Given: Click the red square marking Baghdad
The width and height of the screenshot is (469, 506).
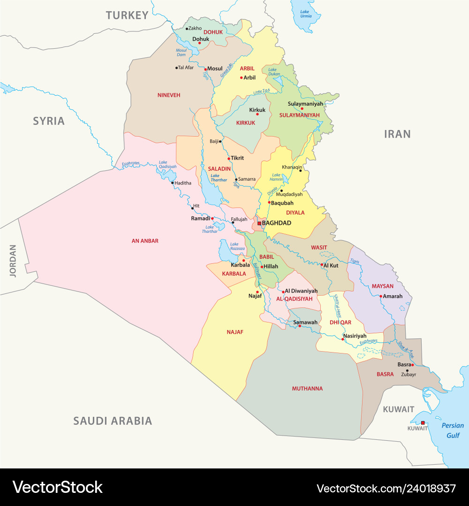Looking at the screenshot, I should tap(259, 223).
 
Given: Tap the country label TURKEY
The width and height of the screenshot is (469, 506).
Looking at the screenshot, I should tap(127, 15).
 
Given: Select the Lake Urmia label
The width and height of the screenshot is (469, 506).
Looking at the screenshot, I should tap(305, 13).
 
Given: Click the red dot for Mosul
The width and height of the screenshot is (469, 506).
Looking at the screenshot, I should tap(205, 69).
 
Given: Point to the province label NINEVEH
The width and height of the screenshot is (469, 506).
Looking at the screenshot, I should tap(168, 95).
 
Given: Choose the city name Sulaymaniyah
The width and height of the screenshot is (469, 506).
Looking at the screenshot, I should tap(305, 103).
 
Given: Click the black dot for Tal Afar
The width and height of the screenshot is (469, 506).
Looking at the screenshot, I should tap(177, 68).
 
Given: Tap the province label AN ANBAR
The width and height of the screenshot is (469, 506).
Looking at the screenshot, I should tap(145, 241).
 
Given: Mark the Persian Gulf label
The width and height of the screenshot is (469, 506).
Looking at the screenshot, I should tap(453, 430).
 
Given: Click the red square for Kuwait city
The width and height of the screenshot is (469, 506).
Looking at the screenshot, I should tap(423, 422).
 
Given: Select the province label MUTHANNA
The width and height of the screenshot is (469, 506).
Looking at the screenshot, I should tap(307, 389).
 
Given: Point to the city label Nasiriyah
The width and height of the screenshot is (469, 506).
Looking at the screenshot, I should tap(355, 336).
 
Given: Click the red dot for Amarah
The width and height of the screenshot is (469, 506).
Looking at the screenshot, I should tap(380, 296).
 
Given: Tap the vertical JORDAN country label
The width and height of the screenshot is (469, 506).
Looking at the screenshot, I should tap(13, 261).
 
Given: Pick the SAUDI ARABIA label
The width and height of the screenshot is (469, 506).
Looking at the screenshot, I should tap(113, 421).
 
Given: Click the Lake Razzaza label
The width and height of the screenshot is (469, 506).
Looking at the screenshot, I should tap(234, 247).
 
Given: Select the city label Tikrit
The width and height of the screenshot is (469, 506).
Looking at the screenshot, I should tap(237, 158).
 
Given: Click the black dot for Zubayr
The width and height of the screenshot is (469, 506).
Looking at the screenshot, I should tap(407, 370).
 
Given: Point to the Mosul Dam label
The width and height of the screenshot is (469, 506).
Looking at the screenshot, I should tap(181, 52).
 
